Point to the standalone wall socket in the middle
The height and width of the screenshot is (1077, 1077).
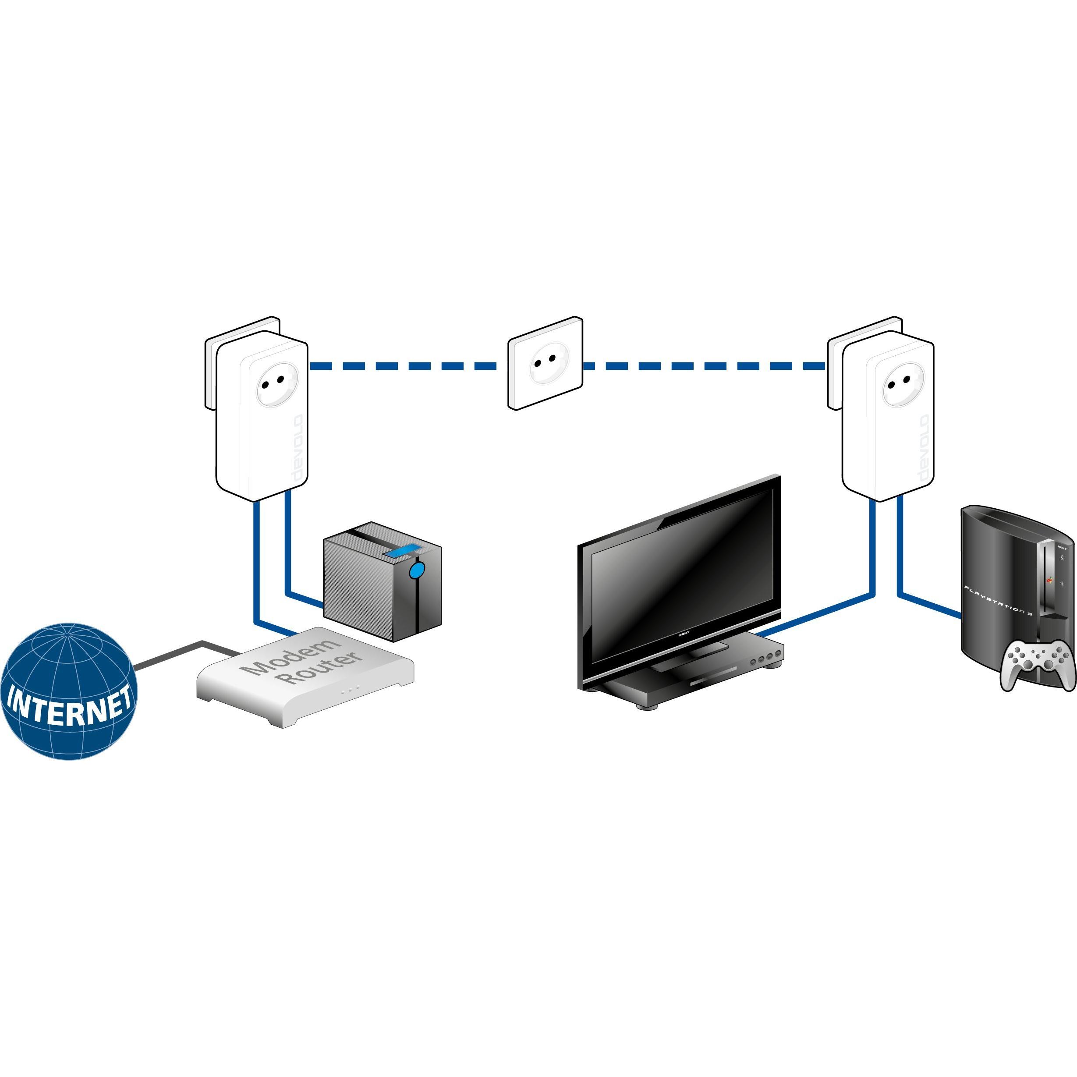(545, 364)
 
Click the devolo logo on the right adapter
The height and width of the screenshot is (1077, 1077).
(924, 449)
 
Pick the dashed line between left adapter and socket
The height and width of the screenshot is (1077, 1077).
(407, 366)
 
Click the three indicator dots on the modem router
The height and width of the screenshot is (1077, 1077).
(350, 690)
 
